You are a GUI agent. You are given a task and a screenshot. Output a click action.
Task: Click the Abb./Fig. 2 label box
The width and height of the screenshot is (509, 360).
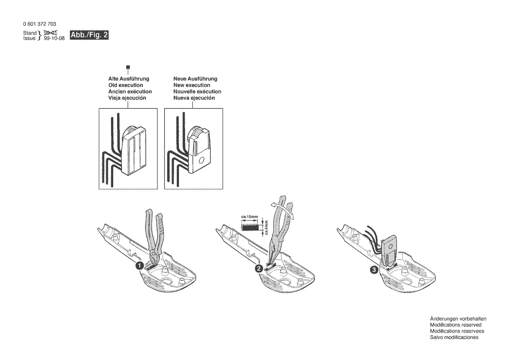click(89, 35)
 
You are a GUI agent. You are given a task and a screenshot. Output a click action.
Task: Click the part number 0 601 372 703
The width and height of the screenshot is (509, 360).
click(39, 24)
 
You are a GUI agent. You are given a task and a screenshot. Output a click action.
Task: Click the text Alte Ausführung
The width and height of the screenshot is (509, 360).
click(128, 79)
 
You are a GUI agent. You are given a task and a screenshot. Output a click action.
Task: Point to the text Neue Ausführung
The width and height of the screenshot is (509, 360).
click(195, 79)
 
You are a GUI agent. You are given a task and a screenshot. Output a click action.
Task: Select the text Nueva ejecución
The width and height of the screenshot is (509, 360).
click(194, 98)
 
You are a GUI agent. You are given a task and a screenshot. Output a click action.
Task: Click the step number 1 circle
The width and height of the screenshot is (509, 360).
click(138, 265)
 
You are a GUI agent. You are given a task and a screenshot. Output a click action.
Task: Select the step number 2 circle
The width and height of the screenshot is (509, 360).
click(258, 269)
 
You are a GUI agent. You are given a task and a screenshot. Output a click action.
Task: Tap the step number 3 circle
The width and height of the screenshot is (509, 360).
click(374, 270)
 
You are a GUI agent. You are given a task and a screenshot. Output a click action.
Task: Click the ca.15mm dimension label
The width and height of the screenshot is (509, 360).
click(249, 217)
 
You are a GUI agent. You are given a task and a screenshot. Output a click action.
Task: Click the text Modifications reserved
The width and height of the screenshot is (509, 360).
click(455, 325)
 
